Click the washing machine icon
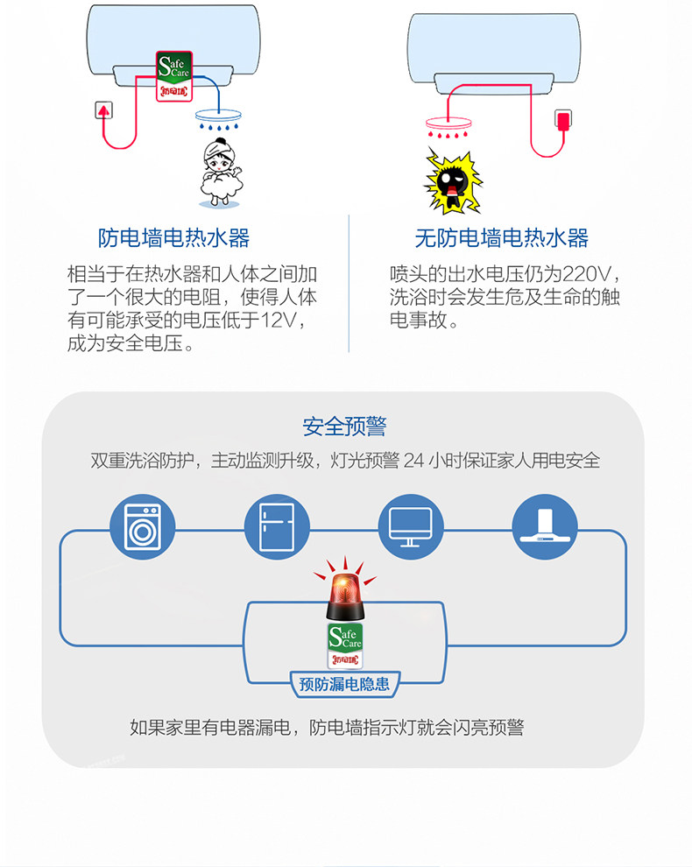click(x=142, y=526)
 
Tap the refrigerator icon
click(x=277, y=526)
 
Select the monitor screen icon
click(x=411, y=526)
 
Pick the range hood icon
click(x=544, y=526)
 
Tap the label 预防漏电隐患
click(x=344, y=684)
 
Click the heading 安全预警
click(x=344, y=426)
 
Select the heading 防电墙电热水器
click(x=173, y=237)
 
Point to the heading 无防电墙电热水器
click(x=502, y=237)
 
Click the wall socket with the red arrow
click(x=104, y=110)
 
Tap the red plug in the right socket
click(x=562, y=120)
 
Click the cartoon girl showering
click(x=220, y=173)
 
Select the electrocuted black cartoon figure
click(x=453, y=180)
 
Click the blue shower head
click(x=218, y=119)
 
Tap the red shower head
click(x=448, y=127)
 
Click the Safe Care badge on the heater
click(x=174, y=76)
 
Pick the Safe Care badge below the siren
click(x=345, y=645)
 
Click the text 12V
click(x=279, y=321)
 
